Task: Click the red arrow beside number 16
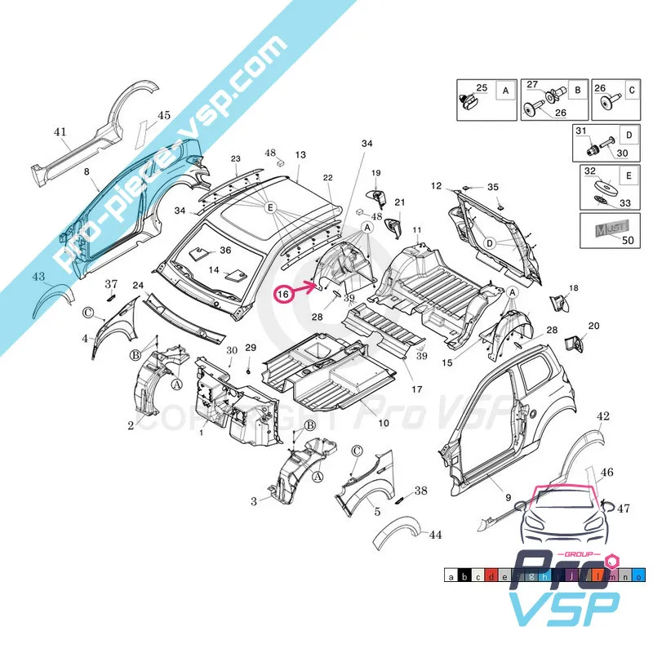tap(308, 286)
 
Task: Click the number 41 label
tap(60, 131)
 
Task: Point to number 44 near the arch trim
tap(435, 535)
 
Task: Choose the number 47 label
tap(624, 509)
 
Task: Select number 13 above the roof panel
tap(300, 154)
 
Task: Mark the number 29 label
tap(251, 349)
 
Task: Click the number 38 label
tap(420, 491)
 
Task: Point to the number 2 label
tap(131, 425)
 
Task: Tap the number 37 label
tap(112, 283)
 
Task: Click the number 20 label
tap(593, 326)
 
